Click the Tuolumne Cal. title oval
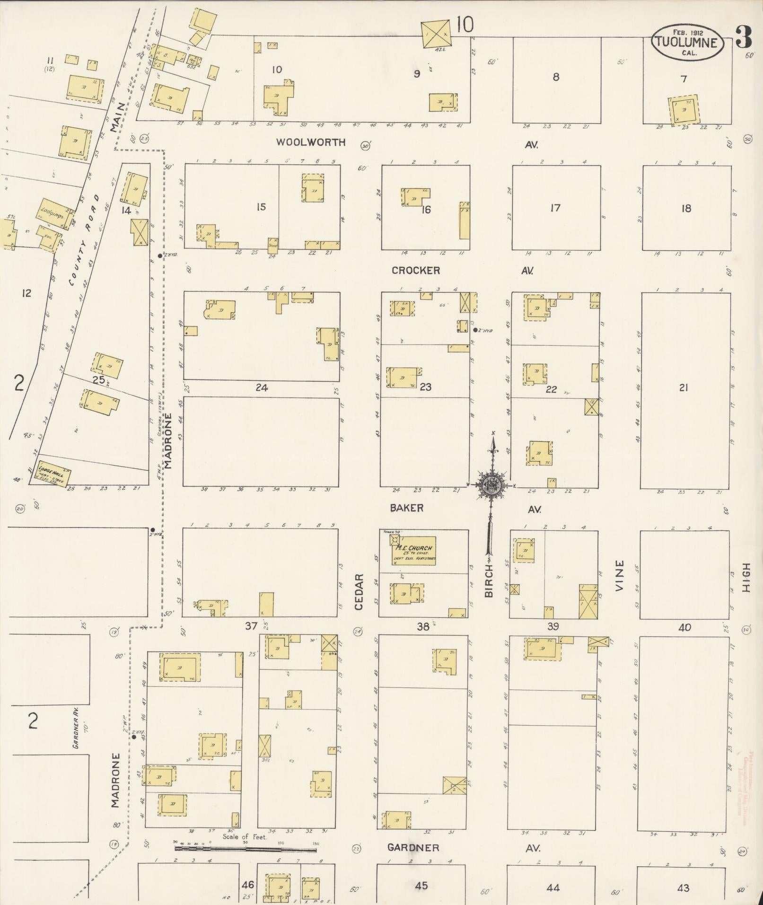[x=687, y=42]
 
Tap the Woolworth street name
[x=311, y=142]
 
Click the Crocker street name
[x=416, y=270]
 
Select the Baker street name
[x=406, y=508]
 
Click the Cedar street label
[x=359, y=591]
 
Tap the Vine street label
[x=620, y=575]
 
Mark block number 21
[x=683, y=388]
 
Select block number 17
[x=555, y=208]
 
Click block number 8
[x=556, y=77]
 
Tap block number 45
[x=421, y=886]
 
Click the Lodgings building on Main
[x=52, y=214]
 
